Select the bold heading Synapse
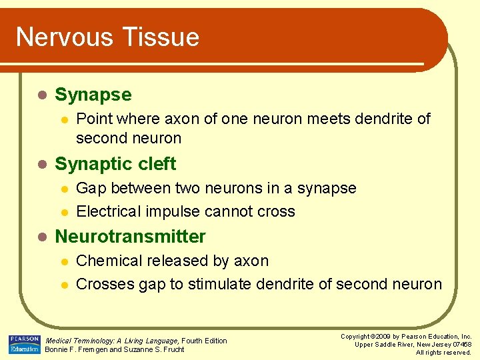click(93, 95)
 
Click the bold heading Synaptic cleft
click(115, 164)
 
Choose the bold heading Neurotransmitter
click(130, 237)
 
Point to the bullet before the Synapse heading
click(41, 95)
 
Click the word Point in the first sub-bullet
click(93, 119)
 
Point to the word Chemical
click(107, 261)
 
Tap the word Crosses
click(105, 285)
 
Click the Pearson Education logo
click(24, 345)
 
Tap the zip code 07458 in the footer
click(460, 345)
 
